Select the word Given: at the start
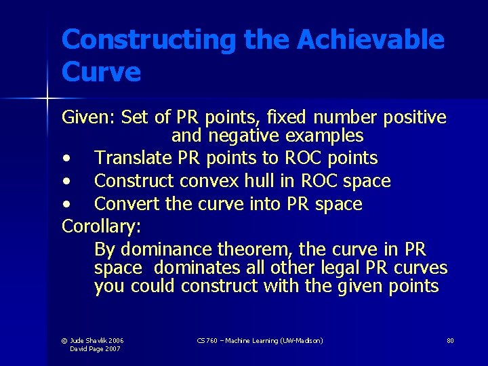tap(89, 118)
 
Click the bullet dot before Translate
tap(66, 159)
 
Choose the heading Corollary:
tap(98, 226)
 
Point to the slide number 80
tap(450, 340)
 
